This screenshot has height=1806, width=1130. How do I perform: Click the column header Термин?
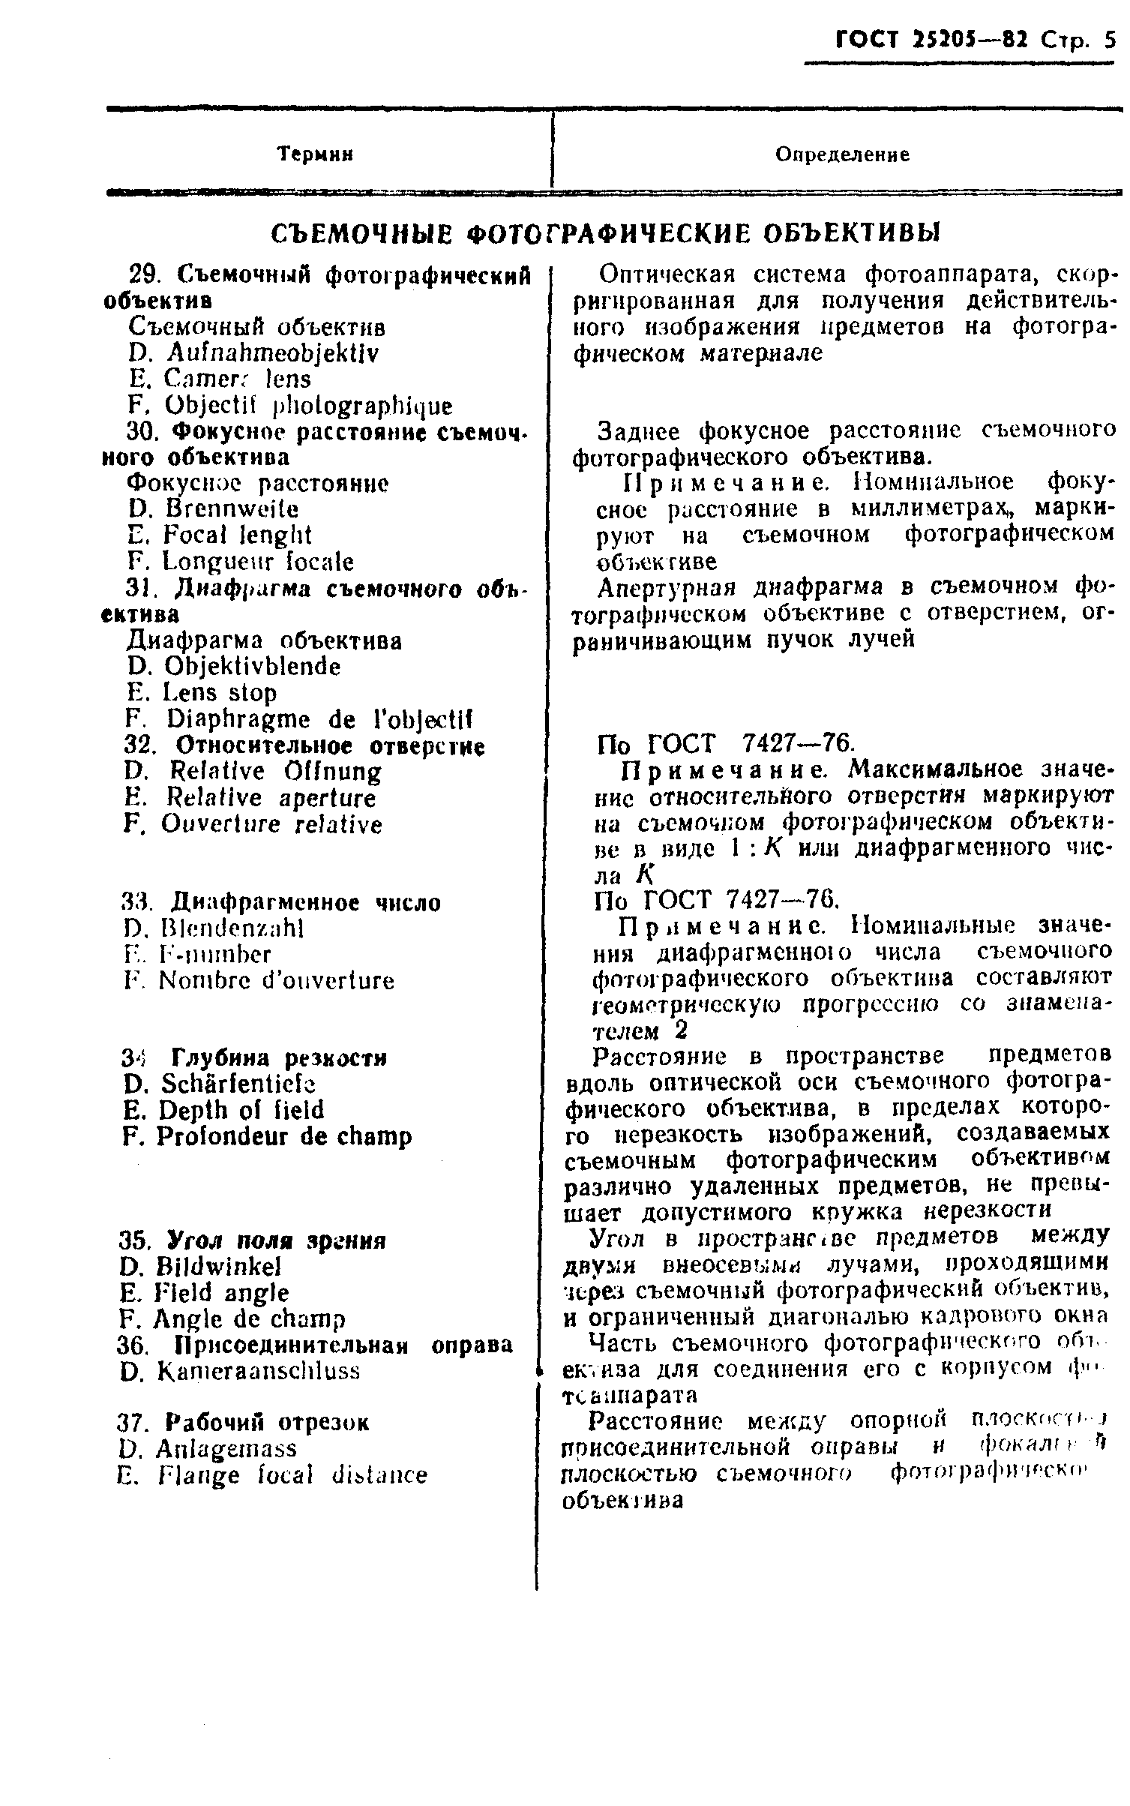coord(315,154)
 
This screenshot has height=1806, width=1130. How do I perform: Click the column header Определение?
coord(842,154)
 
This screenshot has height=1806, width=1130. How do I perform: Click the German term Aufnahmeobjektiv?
coord(273,352)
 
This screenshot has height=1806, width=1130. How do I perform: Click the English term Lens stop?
coord(221,693)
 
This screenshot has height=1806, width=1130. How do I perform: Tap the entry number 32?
coord(139,746)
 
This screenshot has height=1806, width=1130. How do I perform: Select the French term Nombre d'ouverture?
coord(276,981)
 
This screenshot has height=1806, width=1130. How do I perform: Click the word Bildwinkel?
coord(218,1267)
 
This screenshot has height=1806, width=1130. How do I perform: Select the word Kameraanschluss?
coord(259,1371)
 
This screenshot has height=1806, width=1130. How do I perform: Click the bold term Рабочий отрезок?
coord(268,1423)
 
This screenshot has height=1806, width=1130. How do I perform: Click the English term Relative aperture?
coord(271,798)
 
